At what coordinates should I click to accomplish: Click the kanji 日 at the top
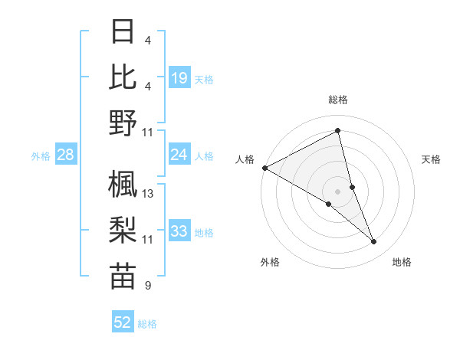point(123,32)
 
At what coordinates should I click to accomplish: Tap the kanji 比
point(123,77)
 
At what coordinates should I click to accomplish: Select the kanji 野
point(123,123)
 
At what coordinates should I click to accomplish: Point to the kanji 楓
point(123,184)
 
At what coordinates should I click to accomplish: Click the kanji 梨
point(123,230)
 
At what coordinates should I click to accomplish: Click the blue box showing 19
point(179,78)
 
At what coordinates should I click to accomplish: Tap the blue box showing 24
point(179,155)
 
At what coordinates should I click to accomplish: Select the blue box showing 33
point(179,231)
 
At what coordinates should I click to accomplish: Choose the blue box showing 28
point(66,155)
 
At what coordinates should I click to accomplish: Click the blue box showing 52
point(123,322)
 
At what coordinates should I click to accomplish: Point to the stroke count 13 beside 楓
point(148,194)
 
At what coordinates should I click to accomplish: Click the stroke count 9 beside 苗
point(147,286)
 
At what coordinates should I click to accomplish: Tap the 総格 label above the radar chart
point(338,100)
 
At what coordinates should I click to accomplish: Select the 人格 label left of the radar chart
point(245,159)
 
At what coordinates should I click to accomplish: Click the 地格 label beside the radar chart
point(402,262)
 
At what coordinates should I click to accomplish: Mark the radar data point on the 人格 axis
point(264,167)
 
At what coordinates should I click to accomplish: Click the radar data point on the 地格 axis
point(373,241)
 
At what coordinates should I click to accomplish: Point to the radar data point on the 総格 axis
point(338,131)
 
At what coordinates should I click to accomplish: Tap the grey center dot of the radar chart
point(338,191)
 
